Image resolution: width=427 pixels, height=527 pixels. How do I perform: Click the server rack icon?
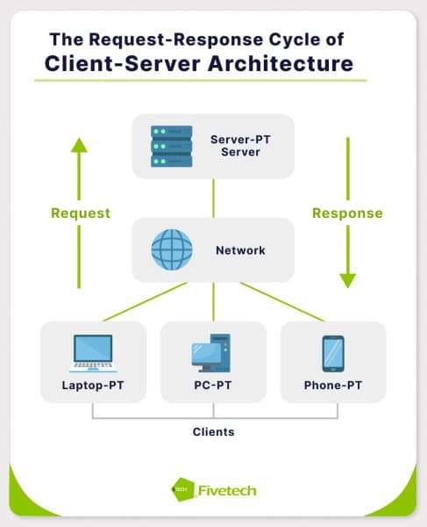tap(171, 146)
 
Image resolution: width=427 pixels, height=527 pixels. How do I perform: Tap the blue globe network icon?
tap(171, 249)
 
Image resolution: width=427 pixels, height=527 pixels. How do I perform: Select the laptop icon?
tap(92, 353)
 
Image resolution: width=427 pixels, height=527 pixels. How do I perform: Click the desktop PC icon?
tap(211, 353)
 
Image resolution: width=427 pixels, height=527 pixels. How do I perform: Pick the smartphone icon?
tap(333, 353)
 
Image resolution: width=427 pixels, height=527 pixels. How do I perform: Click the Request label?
tap(81, 213)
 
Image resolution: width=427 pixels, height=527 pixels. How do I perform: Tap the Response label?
tap(348, 213)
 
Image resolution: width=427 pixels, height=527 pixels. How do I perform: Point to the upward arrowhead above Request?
tap(80, 144)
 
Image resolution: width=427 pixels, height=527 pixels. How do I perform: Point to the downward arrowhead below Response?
tap(348, 280)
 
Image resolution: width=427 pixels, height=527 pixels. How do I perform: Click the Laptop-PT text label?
tap(92, 386)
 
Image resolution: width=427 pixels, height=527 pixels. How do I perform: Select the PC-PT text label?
tap(213, 386)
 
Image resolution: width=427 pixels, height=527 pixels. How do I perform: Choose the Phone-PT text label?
tap(333, 386)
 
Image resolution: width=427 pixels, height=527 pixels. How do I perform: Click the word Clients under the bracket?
tap(213, 432)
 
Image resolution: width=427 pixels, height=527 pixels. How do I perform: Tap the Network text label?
tap(239, 250)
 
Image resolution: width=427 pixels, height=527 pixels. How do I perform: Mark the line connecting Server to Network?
tap(213, 198)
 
